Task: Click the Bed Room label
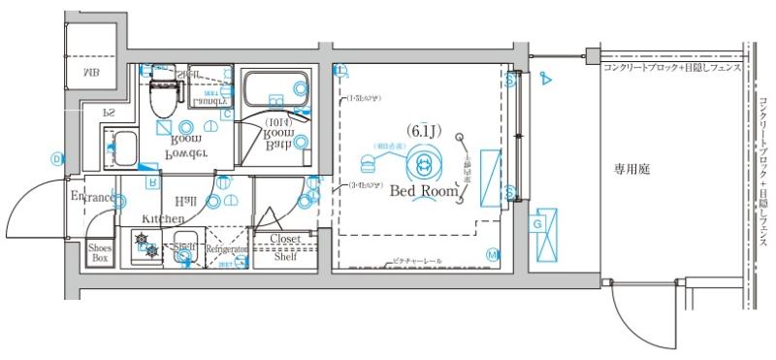(423, 191)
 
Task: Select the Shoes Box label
(100, 253)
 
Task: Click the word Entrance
(93, 198)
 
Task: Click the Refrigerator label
(228, 249)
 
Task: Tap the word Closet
(285, 238)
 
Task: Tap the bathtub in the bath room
(273, 91)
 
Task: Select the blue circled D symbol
(57, 158)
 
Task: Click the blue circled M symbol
(492, 255)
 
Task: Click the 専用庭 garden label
(631, 169)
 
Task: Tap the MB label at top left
(90, 72)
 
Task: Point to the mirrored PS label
(110, 113)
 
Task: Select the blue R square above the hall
(152, 181)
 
